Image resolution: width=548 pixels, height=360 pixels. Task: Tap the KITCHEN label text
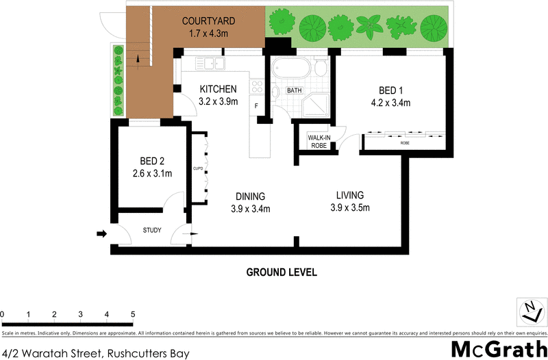coord(219,89)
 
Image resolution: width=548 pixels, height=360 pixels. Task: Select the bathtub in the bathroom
coord(290,69)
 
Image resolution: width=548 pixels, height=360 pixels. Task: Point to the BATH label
coord(294,90)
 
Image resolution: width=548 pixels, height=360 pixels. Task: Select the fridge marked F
coord(257,107)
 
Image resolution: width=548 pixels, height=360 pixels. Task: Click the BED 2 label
coord(151,161)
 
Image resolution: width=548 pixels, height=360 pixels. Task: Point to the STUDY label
coord(151,231)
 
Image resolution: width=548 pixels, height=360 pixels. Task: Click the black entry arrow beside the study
coord(101,234)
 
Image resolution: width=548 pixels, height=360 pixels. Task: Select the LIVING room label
coord(349,195)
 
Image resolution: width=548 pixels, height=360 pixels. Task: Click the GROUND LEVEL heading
coord(282,272)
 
